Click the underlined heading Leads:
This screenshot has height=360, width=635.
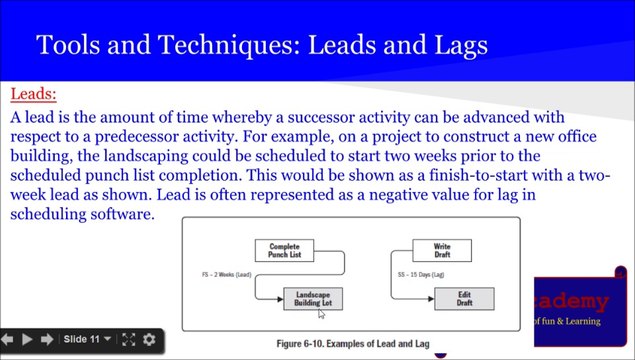click(33, 96)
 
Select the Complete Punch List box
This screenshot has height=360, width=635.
click(285, 250)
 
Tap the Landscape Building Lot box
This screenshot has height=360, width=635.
click(313, 298)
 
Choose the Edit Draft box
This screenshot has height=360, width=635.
click(464, 298)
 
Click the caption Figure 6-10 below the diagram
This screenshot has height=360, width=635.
click(353, 344)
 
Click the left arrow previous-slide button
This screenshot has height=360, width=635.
click(8, 339)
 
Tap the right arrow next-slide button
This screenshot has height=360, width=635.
click(48, 339)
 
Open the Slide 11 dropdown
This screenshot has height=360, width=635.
click(87, 339)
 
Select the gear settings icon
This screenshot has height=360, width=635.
click(149, 339)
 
